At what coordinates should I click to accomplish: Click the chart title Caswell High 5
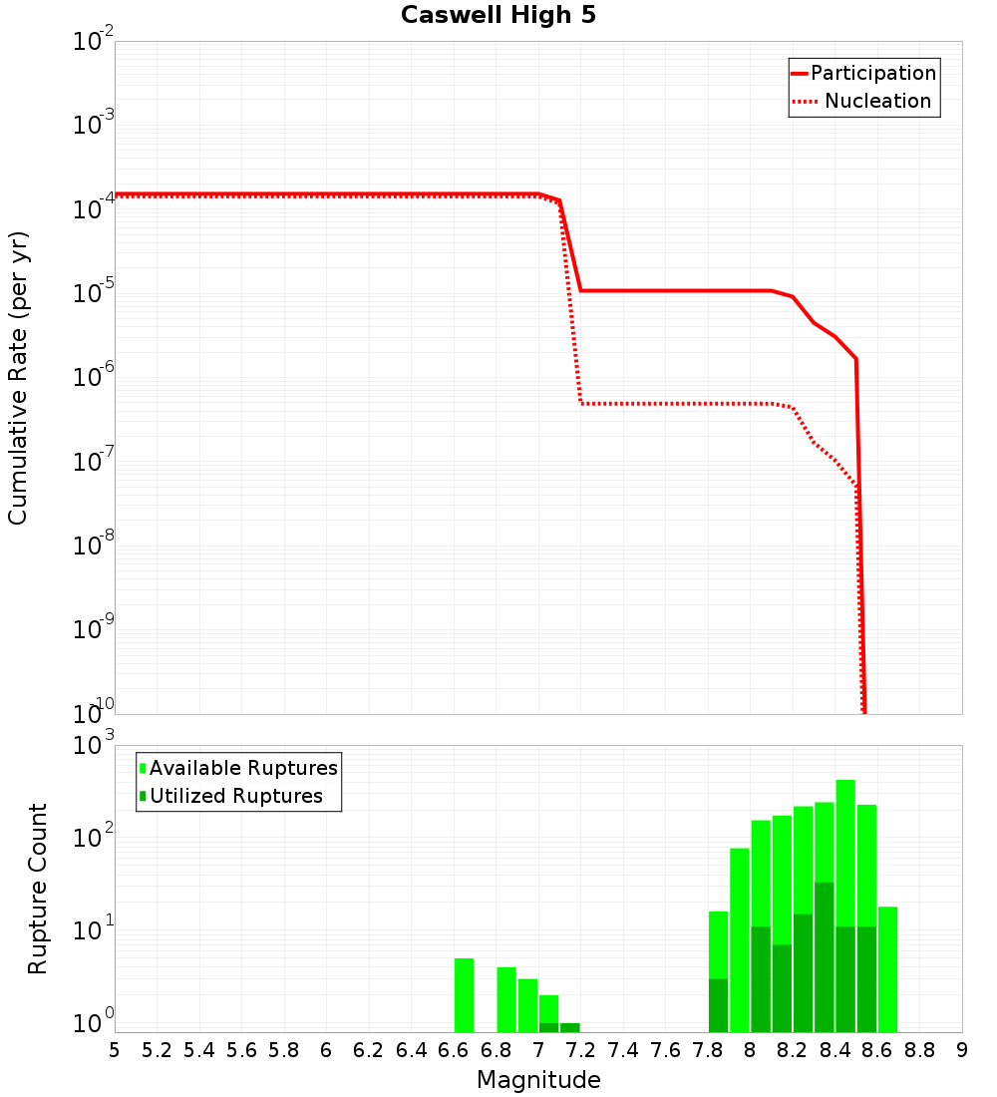tap(498, 16)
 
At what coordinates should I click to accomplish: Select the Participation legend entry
tap(872, 74)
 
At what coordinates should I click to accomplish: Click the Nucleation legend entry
tap(876, 102)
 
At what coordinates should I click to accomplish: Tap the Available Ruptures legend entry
tap(243, 769)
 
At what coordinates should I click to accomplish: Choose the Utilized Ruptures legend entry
tap(235, 797)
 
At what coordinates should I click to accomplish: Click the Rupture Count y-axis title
tap(38, 889)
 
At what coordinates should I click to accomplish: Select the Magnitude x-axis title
tap(538, 1080)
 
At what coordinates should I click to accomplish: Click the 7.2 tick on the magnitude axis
tap(580, 1050)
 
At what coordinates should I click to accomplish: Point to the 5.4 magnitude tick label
tap(199, 1050)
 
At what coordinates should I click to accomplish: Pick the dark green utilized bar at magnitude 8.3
tap(825, 957)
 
